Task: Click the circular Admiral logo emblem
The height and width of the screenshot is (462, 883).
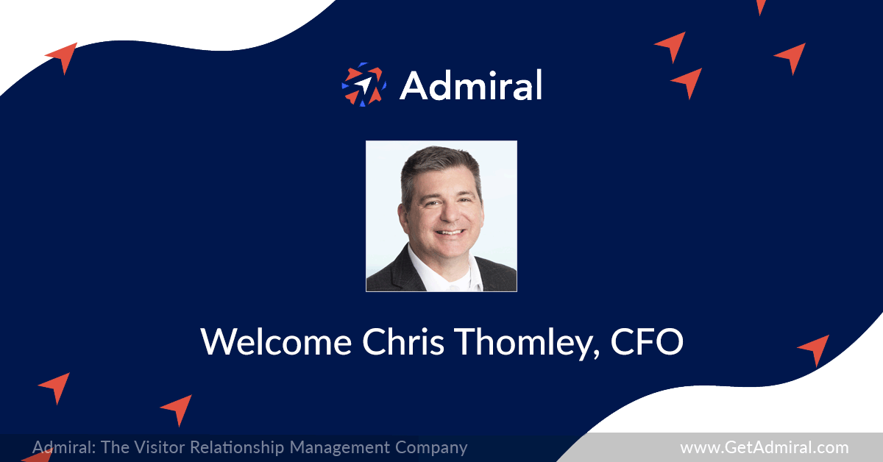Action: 364,85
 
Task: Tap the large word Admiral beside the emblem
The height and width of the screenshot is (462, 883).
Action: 472,85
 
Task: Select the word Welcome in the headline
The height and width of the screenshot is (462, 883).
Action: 276,341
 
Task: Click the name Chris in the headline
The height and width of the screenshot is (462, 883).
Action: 403,341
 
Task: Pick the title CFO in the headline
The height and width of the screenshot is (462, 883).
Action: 647,341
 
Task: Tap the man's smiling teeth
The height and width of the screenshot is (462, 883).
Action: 450,232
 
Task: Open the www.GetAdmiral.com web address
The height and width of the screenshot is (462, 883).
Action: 765,447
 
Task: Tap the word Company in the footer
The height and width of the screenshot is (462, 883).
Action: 431,448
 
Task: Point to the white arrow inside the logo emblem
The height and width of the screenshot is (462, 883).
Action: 363,85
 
